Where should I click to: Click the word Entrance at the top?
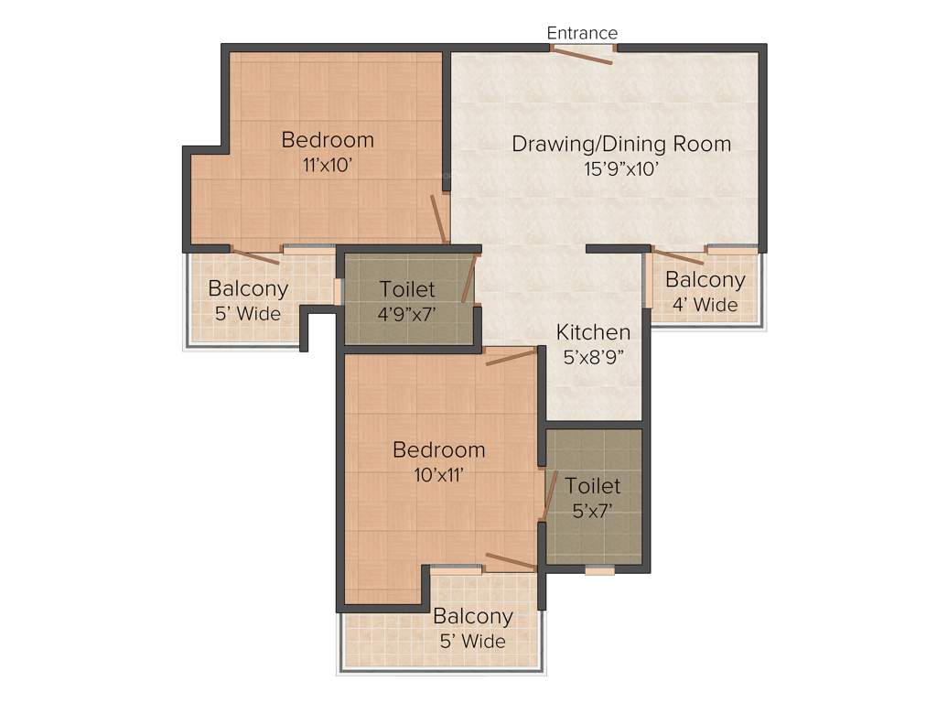(582, 33)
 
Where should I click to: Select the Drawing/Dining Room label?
(621, 144)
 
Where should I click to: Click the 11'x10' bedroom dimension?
(328, 166)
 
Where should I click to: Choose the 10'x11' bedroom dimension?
(439, 474)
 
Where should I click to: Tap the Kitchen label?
(594, 332)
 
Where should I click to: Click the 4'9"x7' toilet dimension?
(407, 313)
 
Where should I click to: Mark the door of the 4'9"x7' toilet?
(470, 278)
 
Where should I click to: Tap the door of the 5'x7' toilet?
(551, 495)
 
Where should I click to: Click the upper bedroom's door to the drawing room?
(439, 220)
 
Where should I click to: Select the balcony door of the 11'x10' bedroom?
(255, 256)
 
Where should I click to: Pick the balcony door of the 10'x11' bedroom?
(511, 562)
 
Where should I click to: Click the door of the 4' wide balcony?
(677, 255)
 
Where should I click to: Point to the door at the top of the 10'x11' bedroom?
(511, 357)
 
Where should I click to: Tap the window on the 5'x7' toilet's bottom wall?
(599, 569)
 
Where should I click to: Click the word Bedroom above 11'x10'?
(328, 140)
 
